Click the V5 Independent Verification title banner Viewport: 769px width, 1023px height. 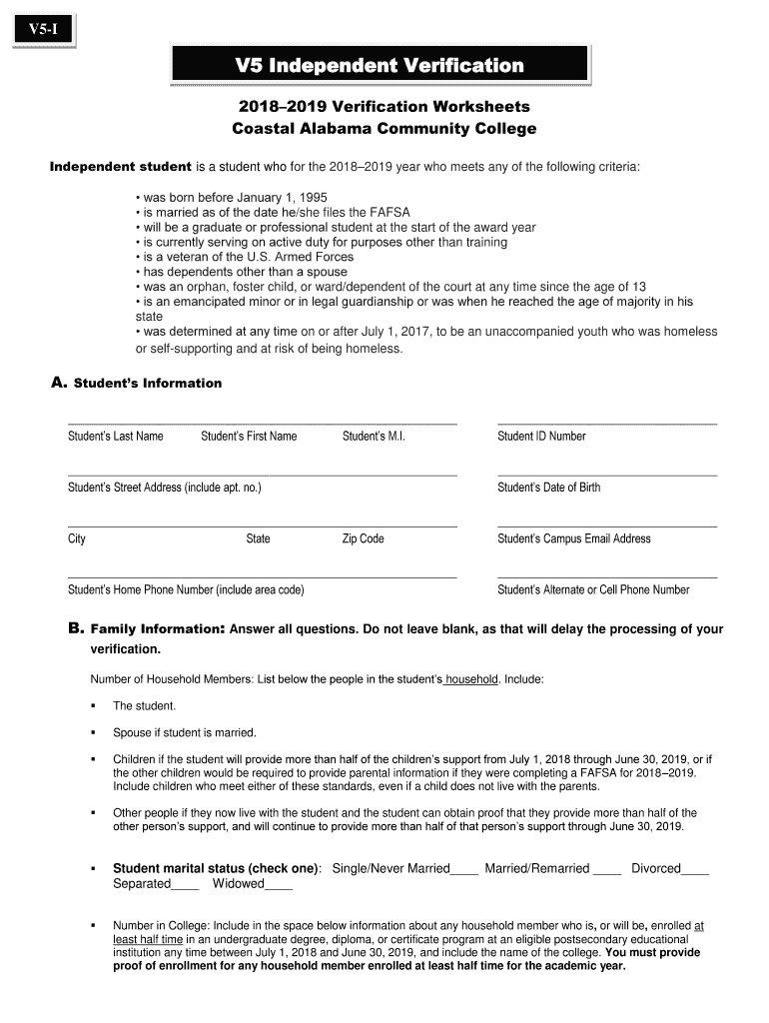(x=380, y=66)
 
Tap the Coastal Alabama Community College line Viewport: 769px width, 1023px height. (x=384, y=129)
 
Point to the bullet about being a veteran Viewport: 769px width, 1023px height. (x=245, y=257)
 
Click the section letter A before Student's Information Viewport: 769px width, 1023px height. (x=58, y=383)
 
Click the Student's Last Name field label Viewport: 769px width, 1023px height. (x=115, y=436)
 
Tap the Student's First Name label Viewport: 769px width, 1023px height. (x=249, y=436)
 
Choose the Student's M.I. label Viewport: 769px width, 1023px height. (x=374, y=436)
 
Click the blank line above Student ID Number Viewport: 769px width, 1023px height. (x=606, y=424)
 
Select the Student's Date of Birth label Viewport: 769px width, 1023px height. (x=549, y=488)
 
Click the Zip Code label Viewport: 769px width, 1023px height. (x=364, y=538)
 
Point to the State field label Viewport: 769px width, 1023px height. (x=258, y=538)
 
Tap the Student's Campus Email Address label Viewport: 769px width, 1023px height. (x=574, y=538)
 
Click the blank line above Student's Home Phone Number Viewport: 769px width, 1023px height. (x=262, y=576)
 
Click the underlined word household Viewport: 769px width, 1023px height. (x=470, y=679)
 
